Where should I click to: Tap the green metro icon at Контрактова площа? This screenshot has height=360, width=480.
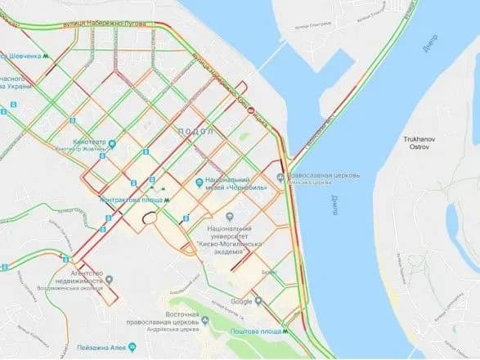click(168, 197)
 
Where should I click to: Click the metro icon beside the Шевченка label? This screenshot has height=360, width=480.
click(47, 56)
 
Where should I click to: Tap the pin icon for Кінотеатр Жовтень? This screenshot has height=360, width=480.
click(112, 145)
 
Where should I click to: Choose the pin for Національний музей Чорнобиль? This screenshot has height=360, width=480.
click(200, 182)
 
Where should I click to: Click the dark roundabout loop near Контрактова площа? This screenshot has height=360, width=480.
click(148, 218)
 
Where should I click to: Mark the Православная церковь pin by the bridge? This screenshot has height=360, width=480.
click(281, 177)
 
